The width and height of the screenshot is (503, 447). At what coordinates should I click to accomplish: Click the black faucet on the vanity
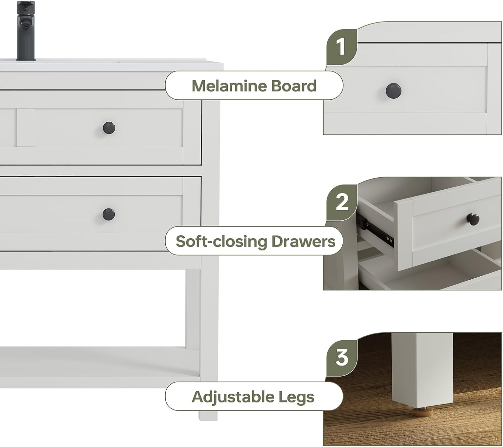click(x=26, y=30)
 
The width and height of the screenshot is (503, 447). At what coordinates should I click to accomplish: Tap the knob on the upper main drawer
click(x=109, y=128)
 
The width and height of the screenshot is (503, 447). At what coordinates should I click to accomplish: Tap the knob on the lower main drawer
click(x=109, y=214)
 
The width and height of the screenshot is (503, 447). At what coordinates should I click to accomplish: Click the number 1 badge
click(x=341, y=47)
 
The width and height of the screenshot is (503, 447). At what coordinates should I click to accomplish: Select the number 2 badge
click(x=342, y=202)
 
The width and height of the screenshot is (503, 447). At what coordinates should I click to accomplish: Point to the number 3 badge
click(x=342, y=357)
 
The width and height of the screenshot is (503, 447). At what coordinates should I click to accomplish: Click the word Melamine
click(x=229, y=86)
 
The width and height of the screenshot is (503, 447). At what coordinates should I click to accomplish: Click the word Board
click(x=293, y=86)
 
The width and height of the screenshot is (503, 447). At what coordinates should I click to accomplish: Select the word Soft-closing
click(x=221, y=241)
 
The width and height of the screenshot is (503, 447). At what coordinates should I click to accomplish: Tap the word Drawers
click(x=303, y=241)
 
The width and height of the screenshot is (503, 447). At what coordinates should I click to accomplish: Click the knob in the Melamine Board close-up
click(x=393, y=90)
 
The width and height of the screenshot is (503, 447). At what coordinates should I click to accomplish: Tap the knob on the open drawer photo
click(x=472, y=219)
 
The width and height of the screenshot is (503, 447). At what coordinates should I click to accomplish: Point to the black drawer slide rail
click(x=376, y=228)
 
